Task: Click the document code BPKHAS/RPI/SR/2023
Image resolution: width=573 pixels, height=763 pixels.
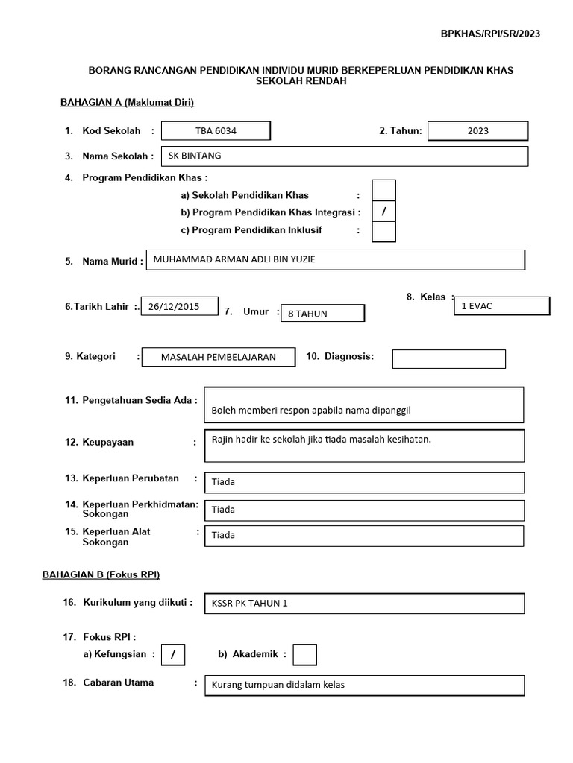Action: (x=490, y=33)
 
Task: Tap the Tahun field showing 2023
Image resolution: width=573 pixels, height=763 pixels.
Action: (x=478, y=131)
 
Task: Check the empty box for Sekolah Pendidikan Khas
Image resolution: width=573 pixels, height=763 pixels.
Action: (x=383, y=191)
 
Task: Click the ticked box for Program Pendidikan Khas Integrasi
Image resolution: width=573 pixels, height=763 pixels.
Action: (x=383, y=212)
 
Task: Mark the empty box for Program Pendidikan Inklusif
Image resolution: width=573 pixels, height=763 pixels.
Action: (x=383, y=232)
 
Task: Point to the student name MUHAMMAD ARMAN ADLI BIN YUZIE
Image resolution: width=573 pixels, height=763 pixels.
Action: (x=335, y=259)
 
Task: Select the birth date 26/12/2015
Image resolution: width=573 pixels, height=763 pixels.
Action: (x=179, y=306)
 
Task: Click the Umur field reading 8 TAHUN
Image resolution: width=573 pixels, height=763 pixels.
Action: (x=322, y=314)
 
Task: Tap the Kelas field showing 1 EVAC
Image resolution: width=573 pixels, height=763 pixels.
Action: (x=501, y=306)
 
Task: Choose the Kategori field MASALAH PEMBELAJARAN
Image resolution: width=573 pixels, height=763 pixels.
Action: (x=218, y=357)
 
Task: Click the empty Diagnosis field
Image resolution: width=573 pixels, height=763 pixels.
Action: (x=448, y=359)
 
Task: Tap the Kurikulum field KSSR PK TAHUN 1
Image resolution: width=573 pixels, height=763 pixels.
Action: (x=364, y=604)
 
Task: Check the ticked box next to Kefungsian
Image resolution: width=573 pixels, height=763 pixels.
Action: (x=173, y=655)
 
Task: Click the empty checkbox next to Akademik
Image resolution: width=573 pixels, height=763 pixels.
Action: (x=304, y=655)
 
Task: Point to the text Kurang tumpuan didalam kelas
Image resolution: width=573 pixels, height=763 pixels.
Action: (x=364, y=685)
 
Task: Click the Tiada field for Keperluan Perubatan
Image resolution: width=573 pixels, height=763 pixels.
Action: (x=364, y=481)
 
